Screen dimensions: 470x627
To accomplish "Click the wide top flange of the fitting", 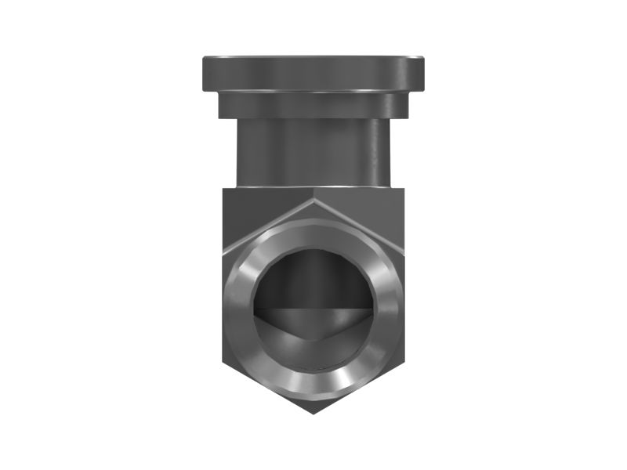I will (313, 73).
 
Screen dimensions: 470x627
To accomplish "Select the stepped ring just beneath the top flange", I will (313, 105).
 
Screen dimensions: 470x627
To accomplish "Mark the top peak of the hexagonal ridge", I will (313, 199).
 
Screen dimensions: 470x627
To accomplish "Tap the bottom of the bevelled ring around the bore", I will (313, 387).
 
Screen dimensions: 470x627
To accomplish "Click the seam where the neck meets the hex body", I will (313, 186).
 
